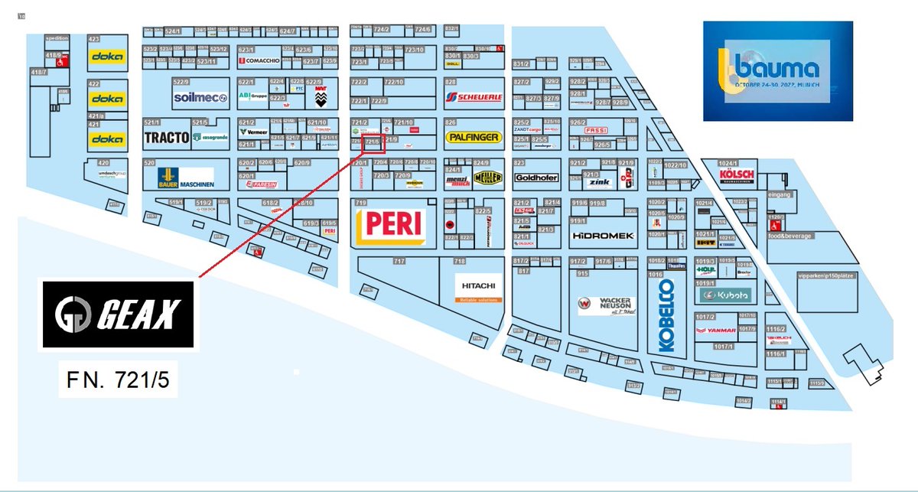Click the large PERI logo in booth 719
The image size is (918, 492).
click(x=390, y=226)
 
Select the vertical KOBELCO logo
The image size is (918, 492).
click(x=666, y=314)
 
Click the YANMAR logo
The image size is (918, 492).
click(x=716, y=331)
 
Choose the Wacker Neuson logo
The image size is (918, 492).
click(x=607, y=304)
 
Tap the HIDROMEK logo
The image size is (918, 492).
click(x=604, y=236)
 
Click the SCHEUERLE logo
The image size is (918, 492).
click(x=474, y=96)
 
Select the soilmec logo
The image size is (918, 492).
click(x=200, y=97)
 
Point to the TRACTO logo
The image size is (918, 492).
click(x=167, y=138)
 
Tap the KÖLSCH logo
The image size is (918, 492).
click(x=737, y=176)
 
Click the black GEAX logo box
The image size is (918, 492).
click(x=119, y=314)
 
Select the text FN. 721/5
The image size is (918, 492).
click(x=119, y=380)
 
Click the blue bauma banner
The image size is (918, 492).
click(x=777, y=70)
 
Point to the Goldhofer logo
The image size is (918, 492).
click(x=536, y=178)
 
